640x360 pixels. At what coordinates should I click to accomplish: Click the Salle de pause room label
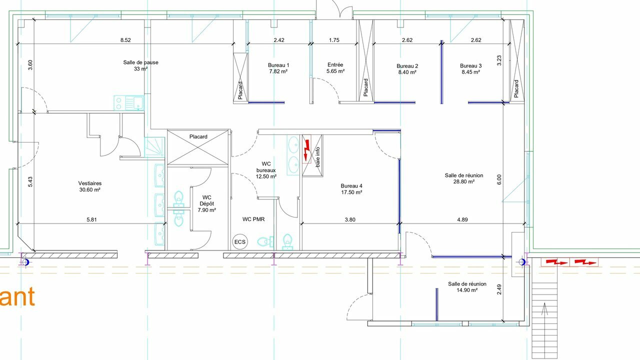(x=140, y=62)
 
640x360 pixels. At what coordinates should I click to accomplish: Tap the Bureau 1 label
(x=278, y=65)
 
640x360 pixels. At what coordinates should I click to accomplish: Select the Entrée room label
(x=335, y=65)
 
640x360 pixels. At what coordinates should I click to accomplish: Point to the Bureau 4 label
(x=351, y=185)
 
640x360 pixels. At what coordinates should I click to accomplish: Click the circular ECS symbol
(x=239, y=242)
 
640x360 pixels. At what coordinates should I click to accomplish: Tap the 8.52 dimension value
(x=125, y=40)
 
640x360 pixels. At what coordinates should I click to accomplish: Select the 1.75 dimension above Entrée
(x=334, y=40)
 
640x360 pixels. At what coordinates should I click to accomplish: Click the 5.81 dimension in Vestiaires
(x=91, y=219)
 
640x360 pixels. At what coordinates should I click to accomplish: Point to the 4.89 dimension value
(x=462, y=219)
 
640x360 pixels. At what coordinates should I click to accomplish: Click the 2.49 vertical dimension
(x=499, y=289)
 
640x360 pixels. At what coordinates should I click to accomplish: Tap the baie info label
(x=317, y=157)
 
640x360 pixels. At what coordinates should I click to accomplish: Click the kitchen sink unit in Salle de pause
(x=129, y=103)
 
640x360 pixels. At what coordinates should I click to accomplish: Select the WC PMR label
(x=253, y=219)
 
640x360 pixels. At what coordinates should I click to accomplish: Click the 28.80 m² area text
(x=463, y=181)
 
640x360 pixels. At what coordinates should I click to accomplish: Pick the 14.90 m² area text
(x=467, y=290)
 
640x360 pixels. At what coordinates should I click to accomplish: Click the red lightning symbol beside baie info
(x=307, y=150)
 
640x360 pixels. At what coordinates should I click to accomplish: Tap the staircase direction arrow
(x=544, y=309)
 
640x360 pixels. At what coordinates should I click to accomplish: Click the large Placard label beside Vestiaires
(x=198, y=136)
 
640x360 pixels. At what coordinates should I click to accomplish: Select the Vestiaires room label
(x=89, y=183)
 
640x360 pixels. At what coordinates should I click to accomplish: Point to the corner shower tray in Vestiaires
(x=154, y=147)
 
